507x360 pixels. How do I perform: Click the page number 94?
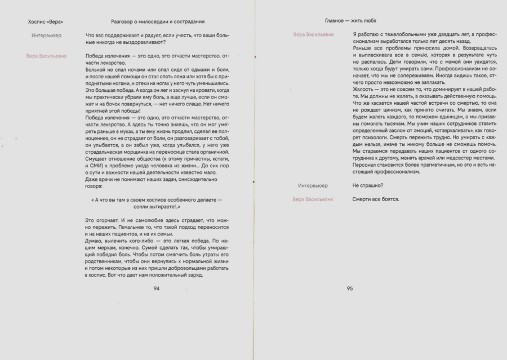point(157,288)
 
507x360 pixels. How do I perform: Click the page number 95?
point(350,288)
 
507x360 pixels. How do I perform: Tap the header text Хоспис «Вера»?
point(45,21)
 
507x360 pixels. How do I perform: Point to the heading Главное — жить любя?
point(350,21)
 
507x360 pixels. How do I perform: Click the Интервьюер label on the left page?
point(47,35)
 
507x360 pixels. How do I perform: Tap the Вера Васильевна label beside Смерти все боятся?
point(313,199)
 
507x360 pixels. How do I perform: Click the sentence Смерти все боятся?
point(376,199)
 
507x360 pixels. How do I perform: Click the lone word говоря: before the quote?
point(95,185)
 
